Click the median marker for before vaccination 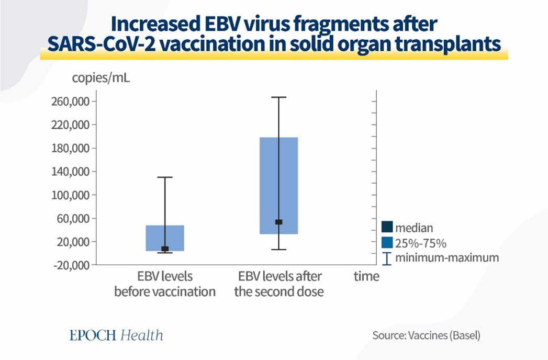click(x=165, y=249)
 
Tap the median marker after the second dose click(x=279, y=222)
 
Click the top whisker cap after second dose click(x=279, y=97)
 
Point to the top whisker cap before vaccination click(x=165, y=177)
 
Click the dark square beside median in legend click(x=387, y=228)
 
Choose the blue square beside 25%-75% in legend click(x=387, y=243)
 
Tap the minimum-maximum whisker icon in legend click(x=387, y=258)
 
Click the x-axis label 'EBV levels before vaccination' click(x=165, y=284)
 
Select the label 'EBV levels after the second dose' click(x=279, y=284)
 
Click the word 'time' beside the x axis click(x=366, y=276)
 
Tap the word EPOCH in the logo click(x=93, y=335)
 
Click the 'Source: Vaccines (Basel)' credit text click(x=426, y=335)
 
